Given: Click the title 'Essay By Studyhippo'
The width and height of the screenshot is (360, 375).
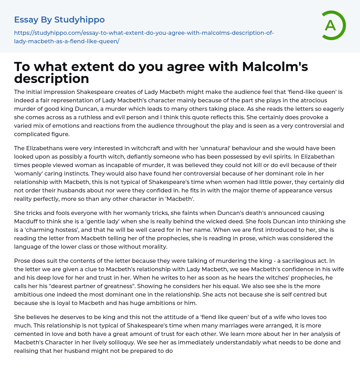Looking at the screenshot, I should coord(59,20).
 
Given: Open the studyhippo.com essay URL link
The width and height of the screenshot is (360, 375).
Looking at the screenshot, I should coord(144,37).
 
